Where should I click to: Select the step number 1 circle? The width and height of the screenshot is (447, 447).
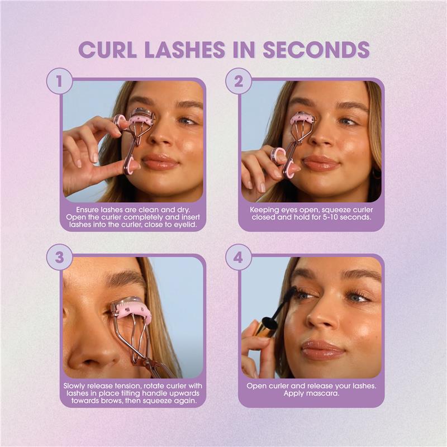click(60, 82)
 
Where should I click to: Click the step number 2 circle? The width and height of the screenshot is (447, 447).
click(239, 82)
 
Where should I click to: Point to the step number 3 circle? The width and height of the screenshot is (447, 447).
click(60, 258)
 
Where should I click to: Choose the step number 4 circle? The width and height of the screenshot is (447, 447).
click(239, 258)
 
